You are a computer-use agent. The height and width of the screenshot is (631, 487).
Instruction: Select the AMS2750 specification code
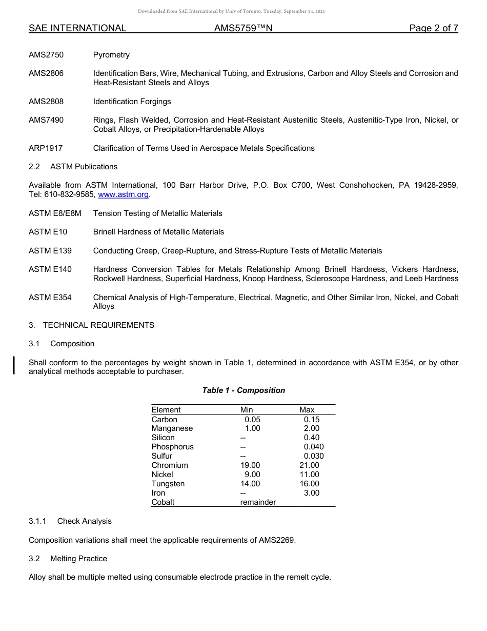pos(46,55)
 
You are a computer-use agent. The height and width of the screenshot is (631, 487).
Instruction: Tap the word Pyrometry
pos(111,55)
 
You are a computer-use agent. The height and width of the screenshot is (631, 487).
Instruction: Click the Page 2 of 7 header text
pos(433,28)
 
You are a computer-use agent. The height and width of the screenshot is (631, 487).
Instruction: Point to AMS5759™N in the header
pos(243,28)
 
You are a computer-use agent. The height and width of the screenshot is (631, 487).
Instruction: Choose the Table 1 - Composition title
pos(243,390)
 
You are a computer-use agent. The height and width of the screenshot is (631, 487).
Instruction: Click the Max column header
pos(307,410)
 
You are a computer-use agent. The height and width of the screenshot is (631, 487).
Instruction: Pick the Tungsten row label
pos(168,484)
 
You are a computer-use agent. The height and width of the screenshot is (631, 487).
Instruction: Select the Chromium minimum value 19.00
pos(250,465)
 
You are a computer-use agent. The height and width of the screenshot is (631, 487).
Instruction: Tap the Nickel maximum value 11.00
pos(309,475)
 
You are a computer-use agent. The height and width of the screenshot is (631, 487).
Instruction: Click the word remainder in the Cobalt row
pos(258,502)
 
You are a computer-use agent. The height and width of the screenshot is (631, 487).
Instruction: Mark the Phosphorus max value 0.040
pos(314,447)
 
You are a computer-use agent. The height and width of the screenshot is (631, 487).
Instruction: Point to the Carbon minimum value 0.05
pos(252,419)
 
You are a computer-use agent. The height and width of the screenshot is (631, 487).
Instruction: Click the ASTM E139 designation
pos(50,251)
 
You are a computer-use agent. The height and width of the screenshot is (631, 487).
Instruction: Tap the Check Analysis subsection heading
pos(84,521)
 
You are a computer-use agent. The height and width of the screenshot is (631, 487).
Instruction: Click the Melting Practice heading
pos(78,558)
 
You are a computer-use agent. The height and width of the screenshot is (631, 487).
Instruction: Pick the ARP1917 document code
pos(46,148)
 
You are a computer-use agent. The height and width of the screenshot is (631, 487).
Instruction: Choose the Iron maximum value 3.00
pos(311,493)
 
